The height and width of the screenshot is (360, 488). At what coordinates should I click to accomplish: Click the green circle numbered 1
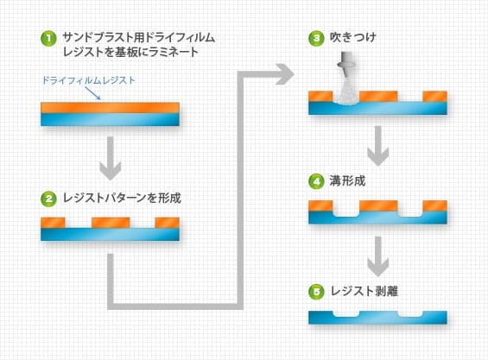48,39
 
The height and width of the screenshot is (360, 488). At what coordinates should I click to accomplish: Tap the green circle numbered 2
48,199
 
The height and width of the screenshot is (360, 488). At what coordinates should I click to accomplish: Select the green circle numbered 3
316,39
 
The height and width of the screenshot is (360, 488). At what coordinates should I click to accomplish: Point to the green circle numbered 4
316,181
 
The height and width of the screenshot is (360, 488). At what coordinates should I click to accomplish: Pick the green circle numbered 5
316,292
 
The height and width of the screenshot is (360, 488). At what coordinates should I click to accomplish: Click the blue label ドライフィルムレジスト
89,80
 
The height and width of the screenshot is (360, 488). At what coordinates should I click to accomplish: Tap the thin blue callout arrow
92,93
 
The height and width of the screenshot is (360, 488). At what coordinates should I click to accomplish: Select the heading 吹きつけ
353,38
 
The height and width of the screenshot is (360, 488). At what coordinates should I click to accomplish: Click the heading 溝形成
347,180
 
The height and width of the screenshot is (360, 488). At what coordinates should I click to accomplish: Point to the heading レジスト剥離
364,291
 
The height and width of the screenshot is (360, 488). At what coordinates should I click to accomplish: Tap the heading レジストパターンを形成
122,198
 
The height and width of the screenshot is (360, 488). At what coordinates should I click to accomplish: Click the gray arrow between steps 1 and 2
111,158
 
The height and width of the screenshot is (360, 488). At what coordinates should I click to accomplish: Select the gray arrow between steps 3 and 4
377,146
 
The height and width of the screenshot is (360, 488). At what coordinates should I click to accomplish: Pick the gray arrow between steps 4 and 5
377,256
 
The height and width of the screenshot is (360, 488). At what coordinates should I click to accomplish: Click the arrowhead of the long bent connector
285,74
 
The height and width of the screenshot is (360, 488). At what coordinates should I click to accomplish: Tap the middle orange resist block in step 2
111,223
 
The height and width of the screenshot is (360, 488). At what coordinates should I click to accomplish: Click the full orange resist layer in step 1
111,108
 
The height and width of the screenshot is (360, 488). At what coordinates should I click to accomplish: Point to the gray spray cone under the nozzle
345,92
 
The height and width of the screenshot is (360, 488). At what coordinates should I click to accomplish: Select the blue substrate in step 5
377,318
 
